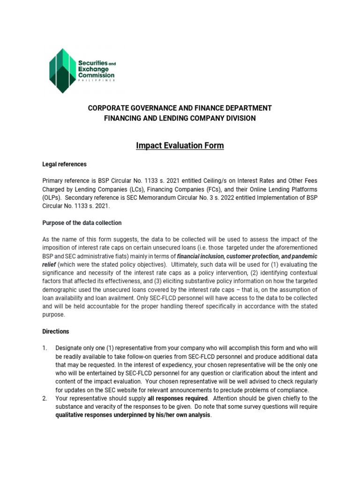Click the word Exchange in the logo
click(x=92, y=68)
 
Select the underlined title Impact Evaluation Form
click(x=180, y=145)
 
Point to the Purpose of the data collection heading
click(x=82, y=223)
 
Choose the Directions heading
click(x=56, y=331)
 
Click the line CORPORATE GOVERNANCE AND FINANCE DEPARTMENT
click(x=180, y=108)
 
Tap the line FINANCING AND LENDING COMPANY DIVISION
click(x=180, y=118)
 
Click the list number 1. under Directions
click(x=45, y=348)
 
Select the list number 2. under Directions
click(x=45, y=399)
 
